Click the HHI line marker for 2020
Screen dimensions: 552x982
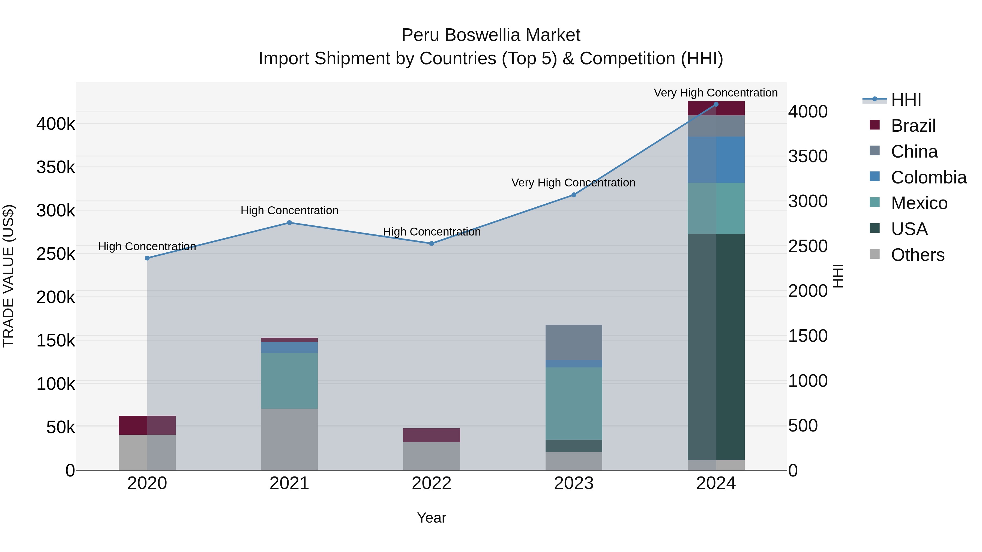point(147,258)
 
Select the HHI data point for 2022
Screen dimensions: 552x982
point(432,243)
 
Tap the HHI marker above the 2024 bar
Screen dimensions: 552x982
point(716,104)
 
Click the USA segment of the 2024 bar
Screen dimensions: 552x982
point(716,347)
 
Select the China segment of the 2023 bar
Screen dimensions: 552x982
point(574,342)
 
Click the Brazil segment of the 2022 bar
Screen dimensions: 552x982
point(432,435)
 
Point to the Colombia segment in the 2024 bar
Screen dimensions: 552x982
point(716,160)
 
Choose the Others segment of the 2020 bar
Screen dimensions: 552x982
point(147,452)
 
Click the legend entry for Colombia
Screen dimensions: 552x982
point(928,177)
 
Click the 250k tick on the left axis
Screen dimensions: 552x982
point(56,254)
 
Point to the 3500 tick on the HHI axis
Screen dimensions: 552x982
point(808,156)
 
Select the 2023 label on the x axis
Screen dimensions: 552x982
point(574,483)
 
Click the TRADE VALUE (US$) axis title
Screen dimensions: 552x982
point(8,276)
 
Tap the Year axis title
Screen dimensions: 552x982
point(432,518)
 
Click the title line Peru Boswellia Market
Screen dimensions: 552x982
point(491,35)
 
